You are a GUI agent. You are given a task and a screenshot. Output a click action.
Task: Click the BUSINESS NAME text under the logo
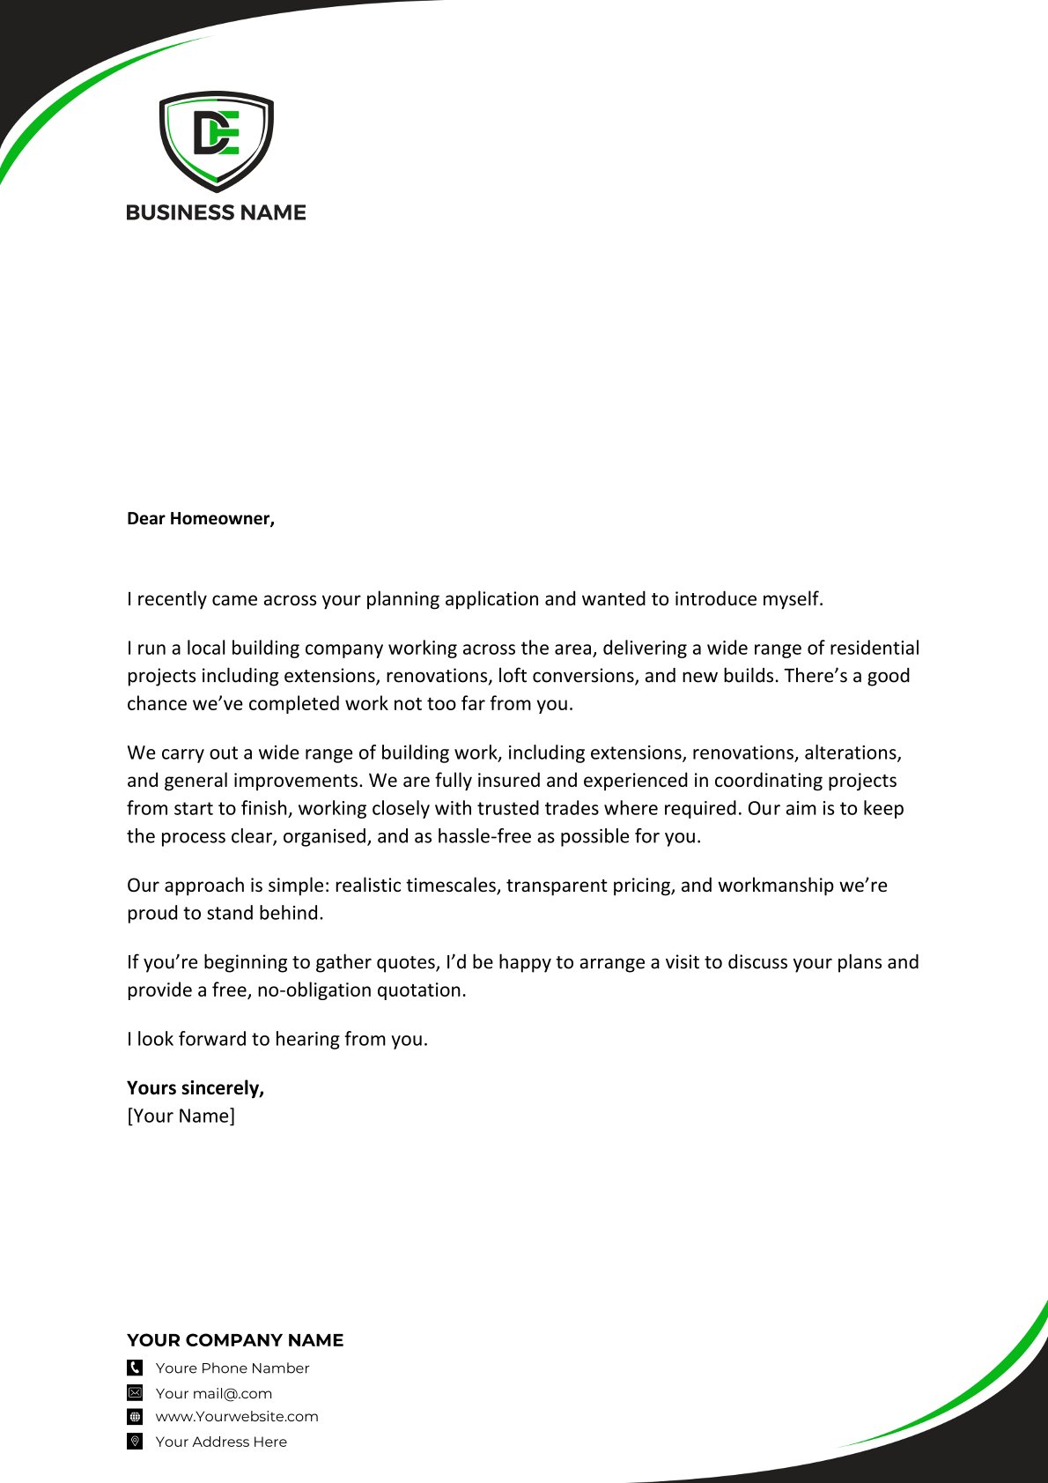pyautogui.click(x=216, y=212)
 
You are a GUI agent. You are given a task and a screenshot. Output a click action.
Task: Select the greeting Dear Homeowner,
pyautogui.click(x=201, y=518)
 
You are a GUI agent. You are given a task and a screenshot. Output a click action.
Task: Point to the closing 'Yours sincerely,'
pyautogui.click(x=196, y=1088)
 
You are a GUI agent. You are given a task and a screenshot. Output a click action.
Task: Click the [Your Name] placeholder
pyautogui.click(x=181, y=1116)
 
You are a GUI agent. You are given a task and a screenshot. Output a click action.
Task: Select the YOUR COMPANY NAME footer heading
pyautogui.click(x=235, y=1340)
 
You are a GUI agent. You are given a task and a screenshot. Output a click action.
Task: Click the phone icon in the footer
pyautogui.click(x=135, y=1368)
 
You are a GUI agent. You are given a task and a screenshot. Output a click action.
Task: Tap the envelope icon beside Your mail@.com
pyautogui.click(x=135, y=1393)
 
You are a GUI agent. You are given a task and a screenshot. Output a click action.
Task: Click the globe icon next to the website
pyautogui.click(x=135, y=1417)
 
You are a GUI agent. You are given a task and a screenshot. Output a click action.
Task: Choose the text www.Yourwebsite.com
pyautogui.click(x=237, y=1417)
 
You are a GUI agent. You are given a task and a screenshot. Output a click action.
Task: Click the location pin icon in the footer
pyautogui.click(x=135, y=1442)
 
